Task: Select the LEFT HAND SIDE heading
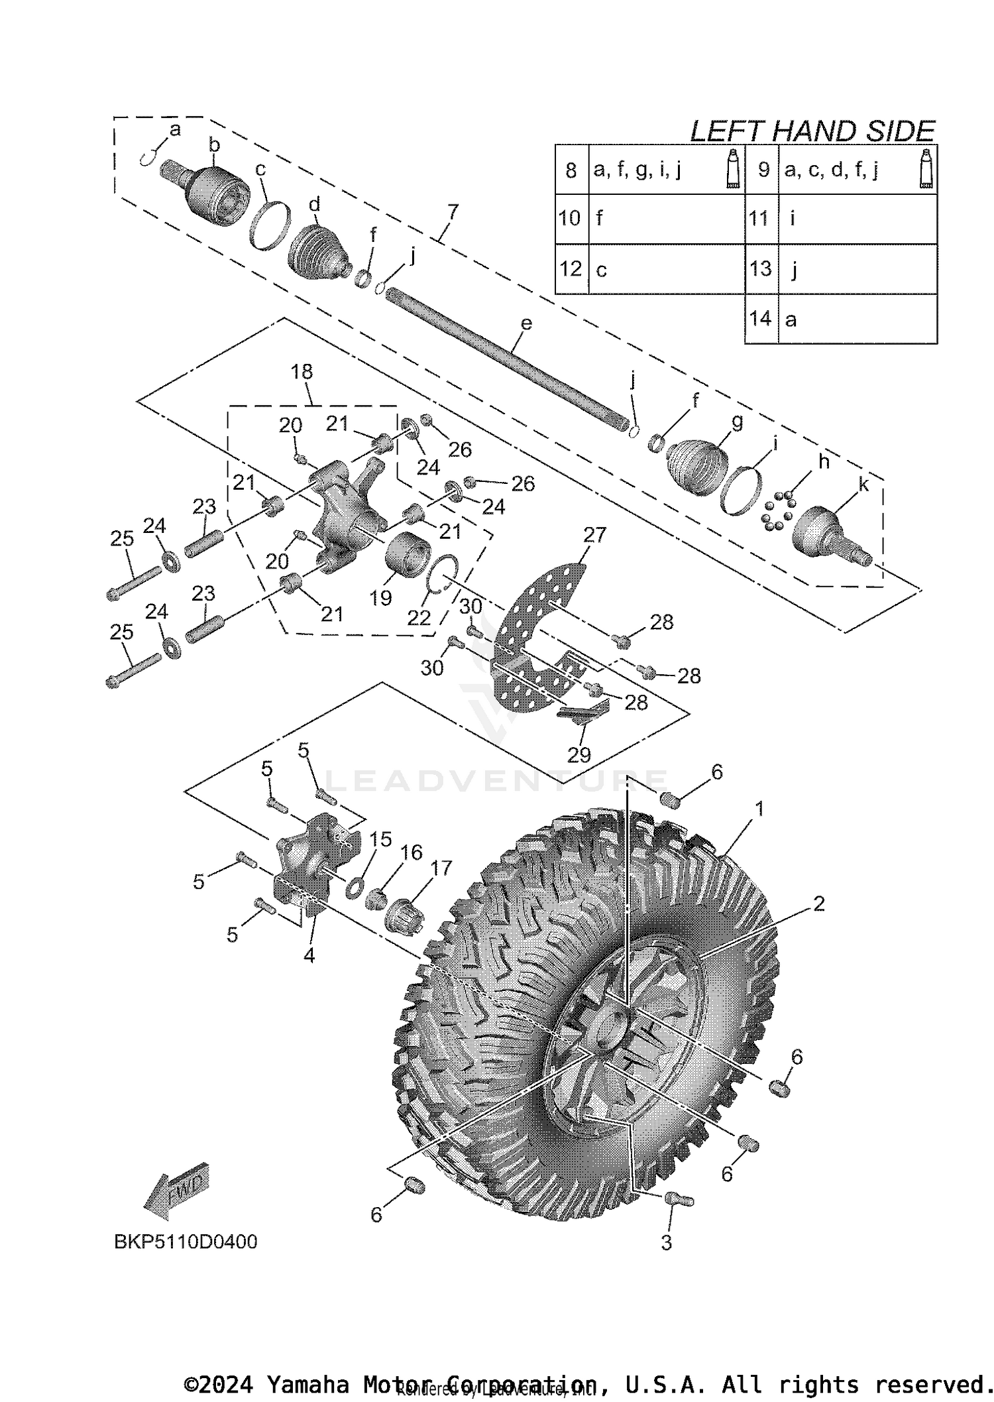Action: [812, 131]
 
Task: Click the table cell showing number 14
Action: [761, 319]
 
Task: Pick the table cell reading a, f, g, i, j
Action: [637, 170]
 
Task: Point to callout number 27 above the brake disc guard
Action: [594, 534]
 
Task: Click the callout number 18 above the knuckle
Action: [302, 372]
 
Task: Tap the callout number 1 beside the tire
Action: [759, 809]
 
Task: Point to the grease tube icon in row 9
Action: [927, 170]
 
